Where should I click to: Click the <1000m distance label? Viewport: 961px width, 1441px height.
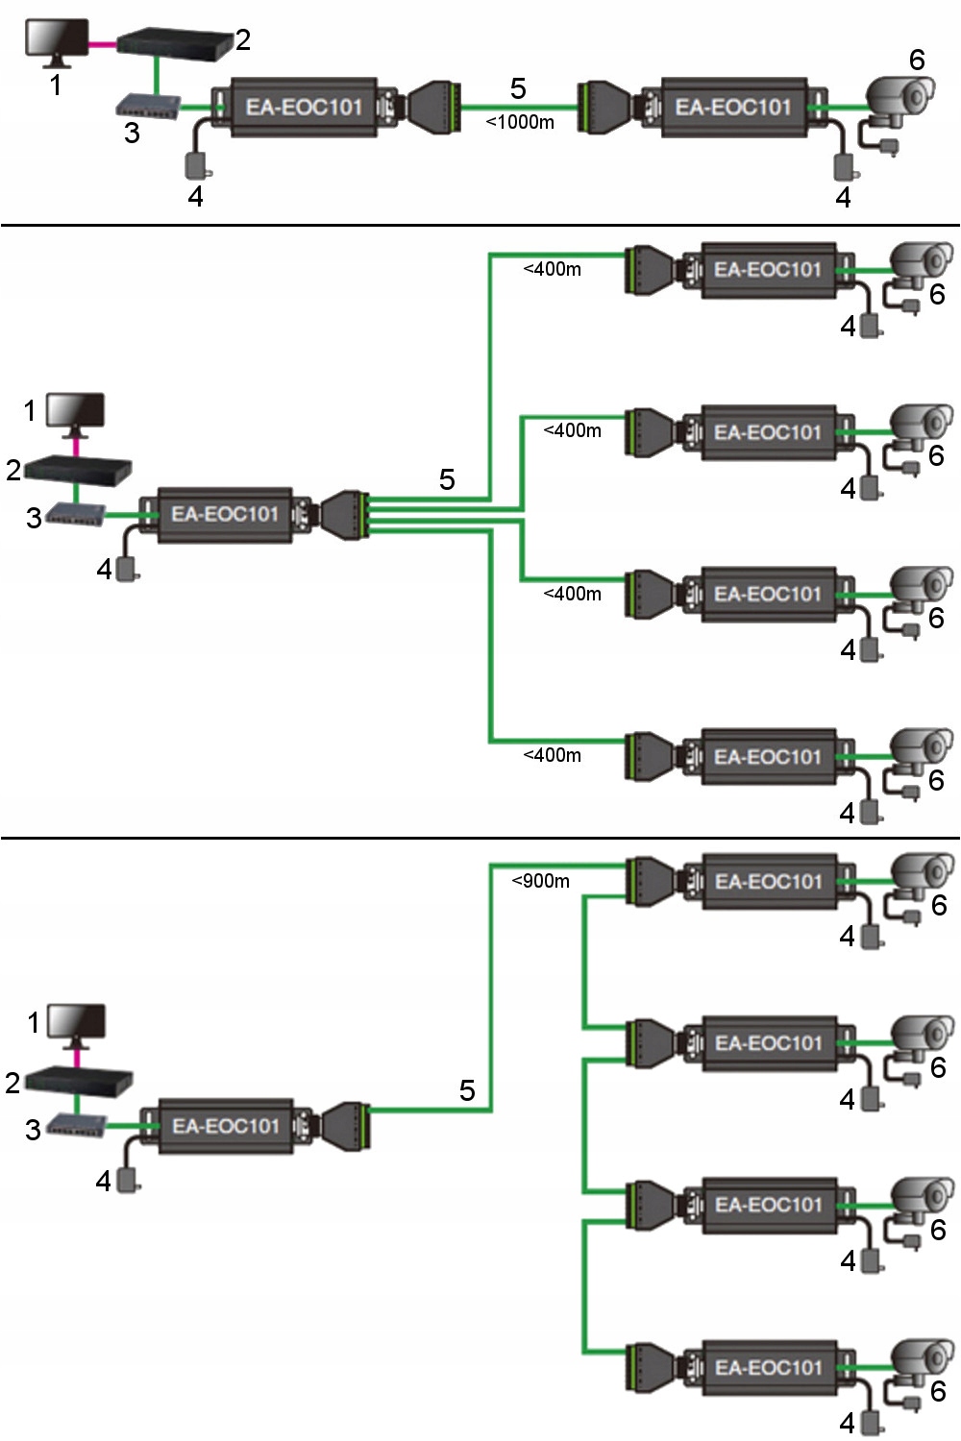[520, 122]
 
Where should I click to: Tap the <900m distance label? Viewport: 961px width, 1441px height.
[540, 880]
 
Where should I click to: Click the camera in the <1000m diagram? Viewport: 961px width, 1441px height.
[899, 100]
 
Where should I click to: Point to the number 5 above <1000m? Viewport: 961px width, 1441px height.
[518, 88]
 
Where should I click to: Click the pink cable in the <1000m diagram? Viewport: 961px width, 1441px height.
[102, 44]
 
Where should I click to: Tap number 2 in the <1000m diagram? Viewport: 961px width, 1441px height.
[243, 39]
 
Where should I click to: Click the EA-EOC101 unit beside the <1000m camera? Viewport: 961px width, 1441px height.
[733, 107]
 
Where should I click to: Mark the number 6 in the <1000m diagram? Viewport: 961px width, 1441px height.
[917, 60]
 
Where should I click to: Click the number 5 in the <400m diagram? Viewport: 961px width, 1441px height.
[447, 479]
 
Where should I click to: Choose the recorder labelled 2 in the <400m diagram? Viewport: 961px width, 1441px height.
[77, 469]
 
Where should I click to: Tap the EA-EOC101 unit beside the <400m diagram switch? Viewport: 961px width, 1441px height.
[225, 515]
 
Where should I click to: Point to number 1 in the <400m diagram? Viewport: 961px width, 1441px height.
[30, 411]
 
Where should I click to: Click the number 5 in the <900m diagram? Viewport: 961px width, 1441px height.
[467, 1090]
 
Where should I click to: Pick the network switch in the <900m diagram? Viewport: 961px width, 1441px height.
[77, 1125]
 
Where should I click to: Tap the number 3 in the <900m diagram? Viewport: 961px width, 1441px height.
[33, 1130]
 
